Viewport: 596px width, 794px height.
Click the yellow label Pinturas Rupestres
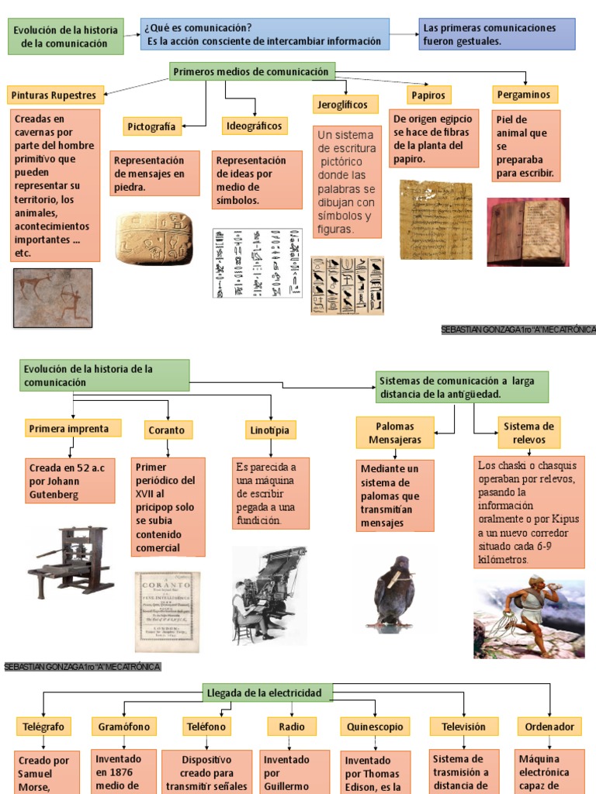point(54,95)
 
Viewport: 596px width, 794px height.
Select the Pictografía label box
point(151,126)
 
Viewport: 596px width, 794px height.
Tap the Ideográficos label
point(255,126)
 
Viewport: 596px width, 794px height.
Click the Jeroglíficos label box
point(345,104)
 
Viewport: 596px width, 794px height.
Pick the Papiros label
point(429,95)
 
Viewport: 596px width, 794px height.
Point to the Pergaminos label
point(525,95)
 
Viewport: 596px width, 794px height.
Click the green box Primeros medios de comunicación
point(253,72)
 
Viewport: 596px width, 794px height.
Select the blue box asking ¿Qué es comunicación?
point(265,35)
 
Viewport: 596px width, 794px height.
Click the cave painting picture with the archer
point(53,297)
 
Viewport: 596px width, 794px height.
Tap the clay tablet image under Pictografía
point(154,238)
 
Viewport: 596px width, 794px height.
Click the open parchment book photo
point(528,232)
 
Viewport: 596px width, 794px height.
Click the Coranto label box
point(168,430)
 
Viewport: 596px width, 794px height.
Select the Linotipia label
point(271,430)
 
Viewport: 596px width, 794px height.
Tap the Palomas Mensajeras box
point(394,433)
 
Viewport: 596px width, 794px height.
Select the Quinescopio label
point(375,727)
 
